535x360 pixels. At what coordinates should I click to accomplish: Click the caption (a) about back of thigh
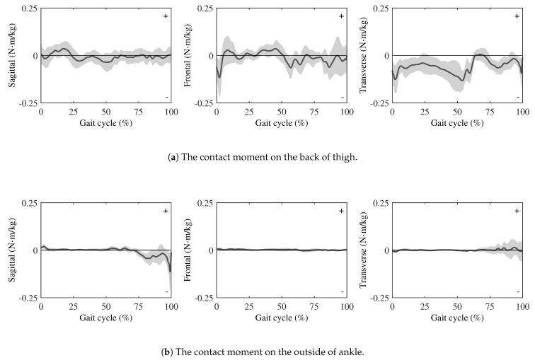coord(267,157)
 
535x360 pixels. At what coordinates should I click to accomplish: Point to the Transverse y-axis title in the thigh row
coord(363,55)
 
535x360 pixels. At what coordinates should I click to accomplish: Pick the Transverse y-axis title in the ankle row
coord(363,250)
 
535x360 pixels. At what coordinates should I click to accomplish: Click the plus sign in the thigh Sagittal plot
coord(166,16)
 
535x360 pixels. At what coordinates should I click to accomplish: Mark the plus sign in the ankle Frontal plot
coord(341,211)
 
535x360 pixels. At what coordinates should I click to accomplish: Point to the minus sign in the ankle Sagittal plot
coord(166,291)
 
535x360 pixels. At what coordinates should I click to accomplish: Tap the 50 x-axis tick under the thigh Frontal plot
coord(282,112)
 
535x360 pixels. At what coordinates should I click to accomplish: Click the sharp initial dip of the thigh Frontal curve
coord(219,76)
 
